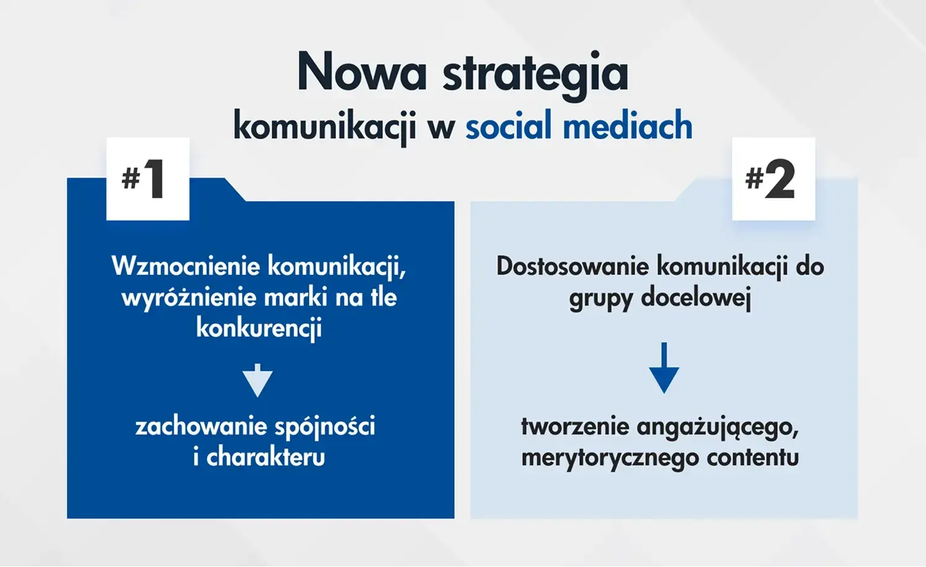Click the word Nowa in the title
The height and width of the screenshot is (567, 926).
coord(362,70)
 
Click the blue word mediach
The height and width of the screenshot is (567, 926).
coord(628,125)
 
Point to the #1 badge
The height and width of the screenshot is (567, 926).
coord(148,178)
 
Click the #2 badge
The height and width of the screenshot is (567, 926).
coord(774,178)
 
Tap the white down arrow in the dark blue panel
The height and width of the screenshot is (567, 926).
coord(257,380)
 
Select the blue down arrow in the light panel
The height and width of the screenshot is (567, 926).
coord(664,367)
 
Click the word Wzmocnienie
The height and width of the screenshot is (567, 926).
coord(186,266)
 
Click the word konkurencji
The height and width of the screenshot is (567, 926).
coord(259,328)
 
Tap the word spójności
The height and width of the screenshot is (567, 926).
coord(325,426)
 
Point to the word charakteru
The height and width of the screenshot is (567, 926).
coord(266,457)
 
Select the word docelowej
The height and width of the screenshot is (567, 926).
coord(696,298)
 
